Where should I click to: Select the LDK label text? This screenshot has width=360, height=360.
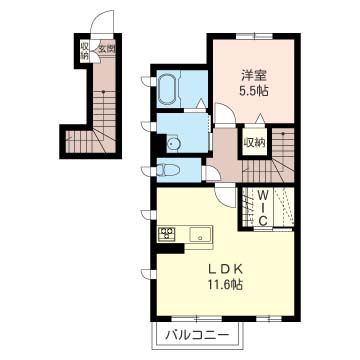pos(225,269)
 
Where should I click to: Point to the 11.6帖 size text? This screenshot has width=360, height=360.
pos(227,285)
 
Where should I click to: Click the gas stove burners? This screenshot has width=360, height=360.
pos(166,236)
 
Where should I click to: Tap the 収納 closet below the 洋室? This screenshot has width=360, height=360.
pos(254,143)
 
